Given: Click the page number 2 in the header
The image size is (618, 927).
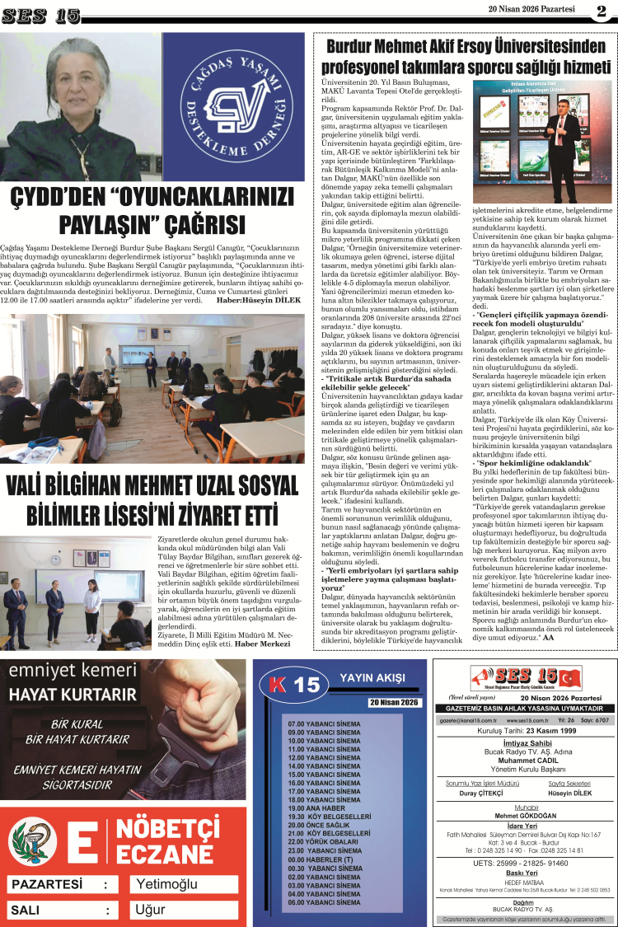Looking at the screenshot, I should tap(601, 12).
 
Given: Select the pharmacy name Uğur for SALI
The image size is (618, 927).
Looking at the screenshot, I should tap(151, 911).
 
